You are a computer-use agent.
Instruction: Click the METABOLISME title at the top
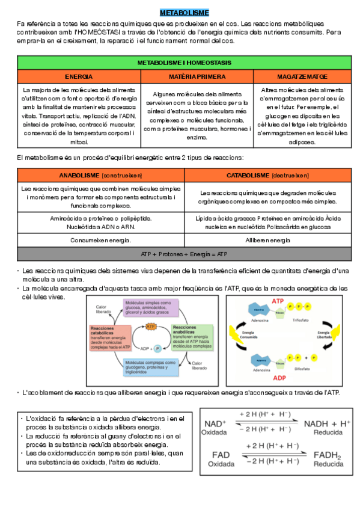point(184,11)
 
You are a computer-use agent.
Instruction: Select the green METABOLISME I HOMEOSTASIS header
point(184,63)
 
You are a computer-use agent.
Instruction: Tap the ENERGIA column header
point(79,77)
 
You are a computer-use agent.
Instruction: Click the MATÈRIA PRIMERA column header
point(197,77)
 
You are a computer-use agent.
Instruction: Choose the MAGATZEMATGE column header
point(302,77)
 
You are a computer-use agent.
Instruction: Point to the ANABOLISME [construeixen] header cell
point(100,175)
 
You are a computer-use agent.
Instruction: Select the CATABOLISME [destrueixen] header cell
point(267,175)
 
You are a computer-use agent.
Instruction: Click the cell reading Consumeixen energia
point(100,240)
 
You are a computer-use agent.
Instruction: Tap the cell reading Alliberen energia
point(267,240)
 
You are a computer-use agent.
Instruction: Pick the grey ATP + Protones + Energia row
point(184,254)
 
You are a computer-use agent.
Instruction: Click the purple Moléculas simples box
point(151,307)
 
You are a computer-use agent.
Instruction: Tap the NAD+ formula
point(216,424)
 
